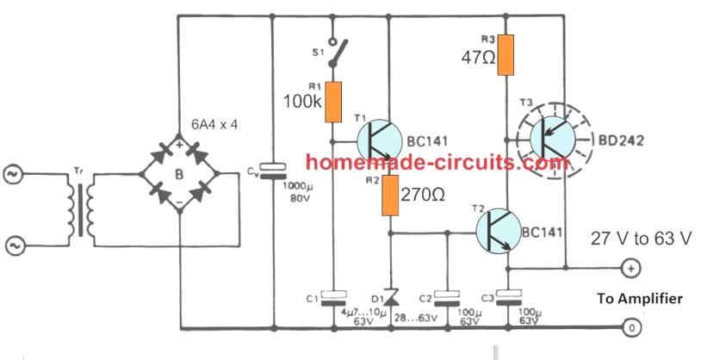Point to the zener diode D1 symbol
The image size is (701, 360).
pos(389,297)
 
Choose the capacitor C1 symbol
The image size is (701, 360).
pos(332,298)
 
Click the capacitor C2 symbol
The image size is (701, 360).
pos(447,298)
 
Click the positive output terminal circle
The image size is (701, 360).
pos(630,270)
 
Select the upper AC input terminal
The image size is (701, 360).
pos(16,176)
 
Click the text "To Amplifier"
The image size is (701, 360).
pos(639,298)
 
